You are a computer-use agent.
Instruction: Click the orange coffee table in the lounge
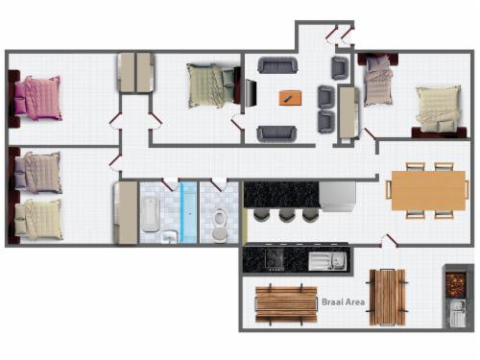tap(290, 97)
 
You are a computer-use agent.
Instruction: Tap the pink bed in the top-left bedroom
tap(37, 98)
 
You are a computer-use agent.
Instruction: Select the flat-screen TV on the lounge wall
tap(252, 93)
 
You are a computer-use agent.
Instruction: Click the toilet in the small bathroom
tap(220, 225)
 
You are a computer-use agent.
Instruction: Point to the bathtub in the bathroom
tap(151, 214)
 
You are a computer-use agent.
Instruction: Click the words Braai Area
tap(343, 301)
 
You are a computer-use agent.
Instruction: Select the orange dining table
tap(428, 190)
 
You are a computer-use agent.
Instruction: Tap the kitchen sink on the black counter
tap(327, 261)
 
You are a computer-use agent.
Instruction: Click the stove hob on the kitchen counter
tap(275, 259)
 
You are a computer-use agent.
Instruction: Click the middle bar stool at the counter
tap(285, 215)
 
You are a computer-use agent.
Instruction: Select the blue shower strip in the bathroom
tap(188, 212)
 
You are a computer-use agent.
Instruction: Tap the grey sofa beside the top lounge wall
tap(277, 65)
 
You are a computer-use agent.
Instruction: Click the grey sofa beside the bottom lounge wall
tap(277, 133)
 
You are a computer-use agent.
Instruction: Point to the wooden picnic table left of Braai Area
tap(286, 304)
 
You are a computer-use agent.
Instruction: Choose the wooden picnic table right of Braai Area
tap(387, 298)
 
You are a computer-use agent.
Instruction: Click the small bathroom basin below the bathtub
tap(169, 237)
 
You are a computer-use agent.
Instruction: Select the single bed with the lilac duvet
tap(378, 81)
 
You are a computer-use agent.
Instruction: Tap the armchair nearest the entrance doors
tap(340, 68)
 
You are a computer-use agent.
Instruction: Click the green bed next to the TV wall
tap(210, 85)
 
